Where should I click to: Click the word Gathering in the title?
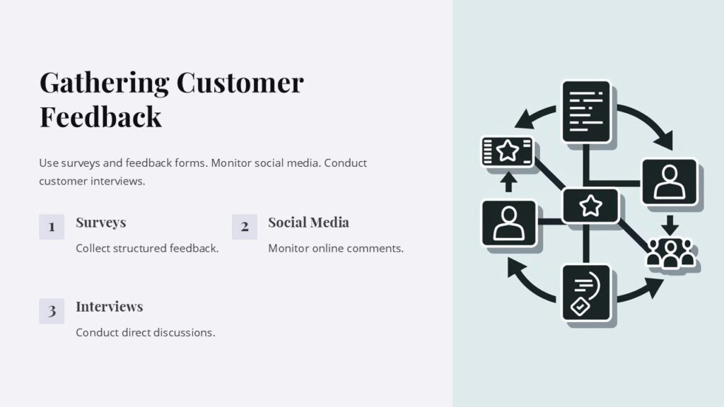(104, 83)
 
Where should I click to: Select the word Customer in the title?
(240, 83)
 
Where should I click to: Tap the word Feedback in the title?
(100, 117)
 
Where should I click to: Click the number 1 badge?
(52, 227)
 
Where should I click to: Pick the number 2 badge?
(245, 227)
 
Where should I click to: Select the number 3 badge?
(52, 311)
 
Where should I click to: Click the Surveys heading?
(100, 223)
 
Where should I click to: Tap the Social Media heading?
(308, 223)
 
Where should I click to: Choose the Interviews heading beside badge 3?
(109, 307)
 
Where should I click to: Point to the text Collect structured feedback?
(147, 248)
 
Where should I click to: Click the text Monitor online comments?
(336, 248)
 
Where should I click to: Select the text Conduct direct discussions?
(145, 332)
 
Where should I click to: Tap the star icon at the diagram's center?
(590, 206)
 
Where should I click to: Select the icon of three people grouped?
(671, 254)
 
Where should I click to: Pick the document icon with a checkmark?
(586, 293)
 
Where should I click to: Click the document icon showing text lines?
(586, 111)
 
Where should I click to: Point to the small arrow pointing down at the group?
(670, 225)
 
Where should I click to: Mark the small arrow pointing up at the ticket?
(508, 182)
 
